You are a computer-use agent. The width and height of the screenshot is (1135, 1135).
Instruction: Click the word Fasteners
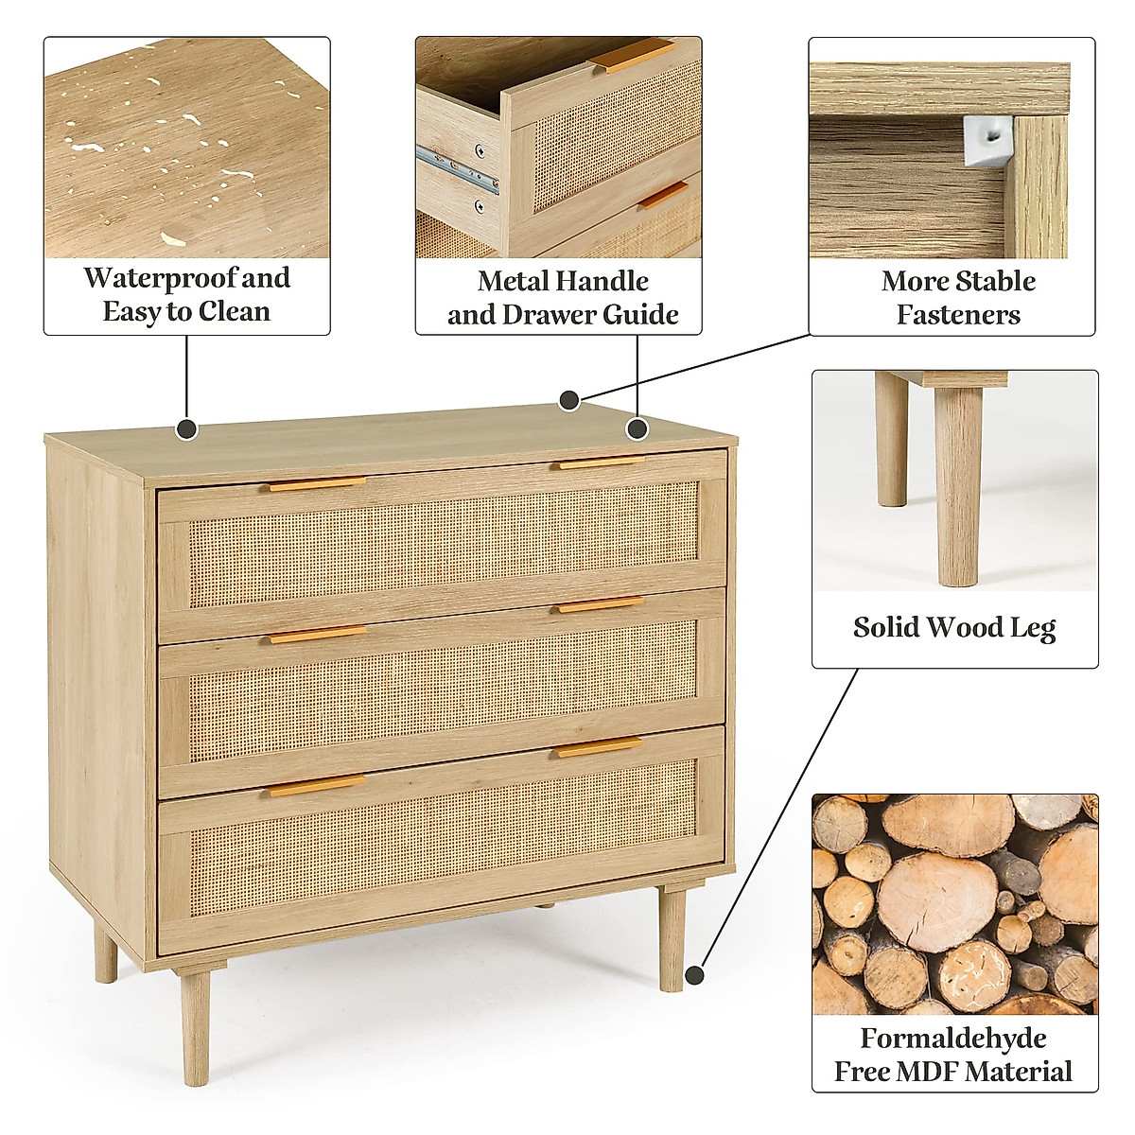958,314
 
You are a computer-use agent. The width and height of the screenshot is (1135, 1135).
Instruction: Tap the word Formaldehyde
953,1038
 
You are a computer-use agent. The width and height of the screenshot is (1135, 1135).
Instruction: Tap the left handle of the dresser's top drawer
318,483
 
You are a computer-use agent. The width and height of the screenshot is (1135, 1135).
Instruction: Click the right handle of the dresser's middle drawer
600,604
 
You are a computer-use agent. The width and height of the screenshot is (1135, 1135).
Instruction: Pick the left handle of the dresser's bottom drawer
316,785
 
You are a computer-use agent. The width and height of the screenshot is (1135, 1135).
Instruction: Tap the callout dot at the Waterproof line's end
187,429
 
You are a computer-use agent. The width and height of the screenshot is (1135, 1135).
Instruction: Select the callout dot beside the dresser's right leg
696,974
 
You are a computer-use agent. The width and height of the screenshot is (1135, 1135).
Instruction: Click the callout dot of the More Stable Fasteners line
568,400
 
